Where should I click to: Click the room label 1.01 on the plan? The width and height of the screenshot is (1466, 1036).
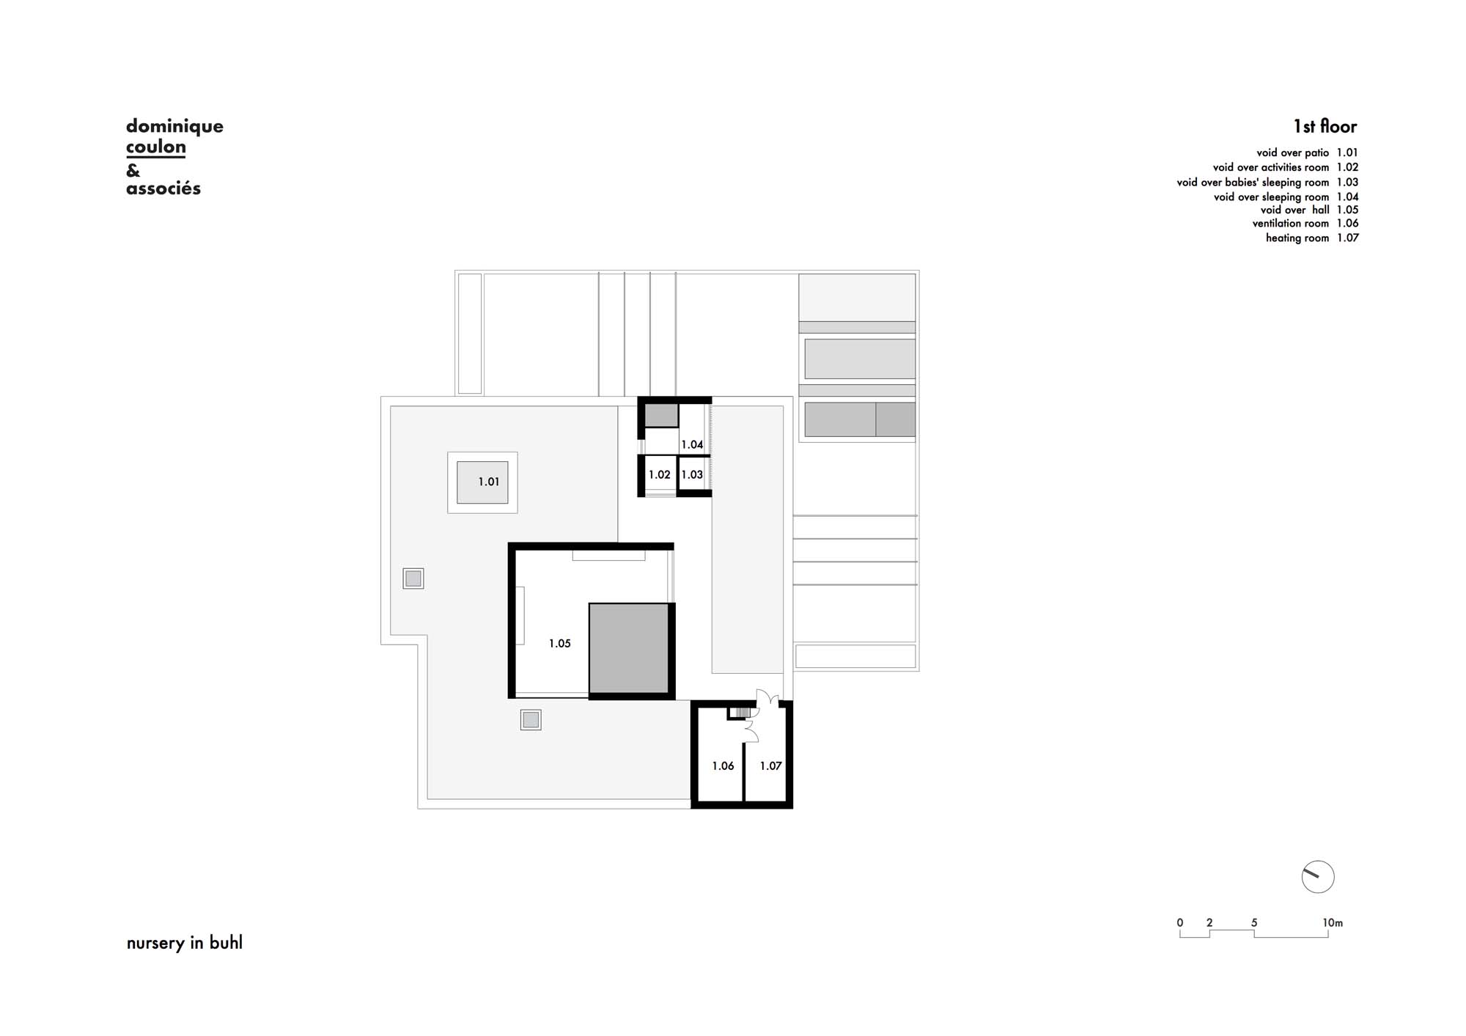[489, 482]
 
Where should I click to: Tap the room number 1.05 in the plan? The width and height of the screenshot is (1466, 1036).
[560, 644]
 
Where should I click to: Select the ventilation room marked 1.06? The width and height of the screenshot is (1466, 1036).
[723, 766]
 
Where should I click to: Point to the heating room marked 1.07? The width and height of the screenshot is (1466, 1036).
[770, 766]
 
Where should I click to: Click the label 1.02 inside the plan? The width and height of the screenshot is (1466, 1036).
[659, 475]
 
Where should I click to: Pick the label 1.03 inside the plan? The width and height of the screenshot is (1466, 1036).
[692, 475]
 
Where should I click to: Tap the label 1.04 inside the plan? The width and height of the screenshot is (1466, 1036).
[692, 444]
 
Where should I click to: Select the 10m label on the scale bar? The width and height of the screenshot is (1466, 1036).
[1333, 923]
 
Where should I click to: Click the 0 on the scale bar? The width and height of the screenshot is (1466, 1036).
[1180, 923]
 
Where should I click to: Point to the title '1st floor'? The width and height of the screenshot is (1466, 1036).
[1325, 127]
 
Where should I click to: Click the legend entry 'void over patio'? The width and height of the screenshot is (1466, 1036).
[1292, 153]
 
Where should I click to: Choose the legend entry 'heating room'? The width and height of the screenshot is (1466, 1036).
[1297, 238]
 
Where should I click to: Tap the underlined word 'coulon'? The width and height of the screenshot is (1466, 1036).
[156, 147]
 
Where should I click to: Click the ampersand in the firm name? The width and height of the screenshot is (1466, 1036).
[133, 171]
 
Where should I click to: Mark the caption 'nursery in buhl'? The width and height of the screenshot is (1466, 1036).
[185, 943]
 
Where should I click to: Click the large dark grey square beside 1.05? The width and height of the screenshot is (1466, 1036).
[629, 648]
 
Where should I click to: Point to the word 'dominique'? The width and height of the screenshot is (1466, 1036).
[174, 126]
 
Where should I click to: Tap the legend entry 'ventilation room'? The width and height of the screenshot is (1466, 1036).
[1290, 224]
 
